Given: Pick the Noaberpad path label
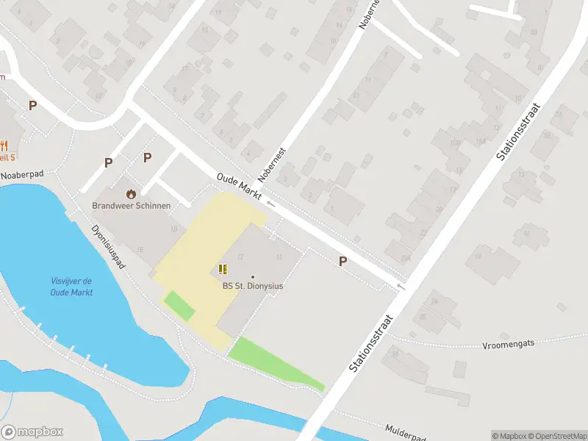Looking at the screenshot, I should (x=23, y=175).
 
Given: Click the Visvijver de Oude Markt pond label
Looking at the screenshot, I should (x=71, y=287).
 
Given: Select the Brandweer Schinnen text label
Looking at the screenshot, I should (x=131, y=206).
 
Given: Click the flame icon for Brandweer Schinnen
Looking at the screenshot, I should (x=131, y=194).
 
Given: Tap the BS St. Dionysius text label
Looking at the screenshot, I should (x=253, y=286).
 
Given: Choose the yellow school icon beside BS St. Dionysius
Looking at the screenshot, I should (x=223, y=270).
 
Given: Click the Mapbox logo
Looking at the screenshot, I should (x=32, y=432).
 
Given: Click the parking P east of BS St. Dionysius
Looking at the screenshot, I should (x=342, y=261).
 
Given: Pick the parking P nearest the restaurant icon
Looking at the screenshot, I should (x=32, y=106).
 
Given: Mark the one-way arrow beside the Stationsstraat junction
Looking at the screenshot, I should (x=400, y=286).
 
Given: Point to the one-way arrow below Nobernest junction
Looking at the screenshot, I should (x=270, y=203).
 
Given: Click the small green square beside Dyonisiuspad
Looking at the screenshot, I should (x=179, y=306).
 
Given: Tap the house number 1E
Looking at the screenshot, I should (x=140, y=250).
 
